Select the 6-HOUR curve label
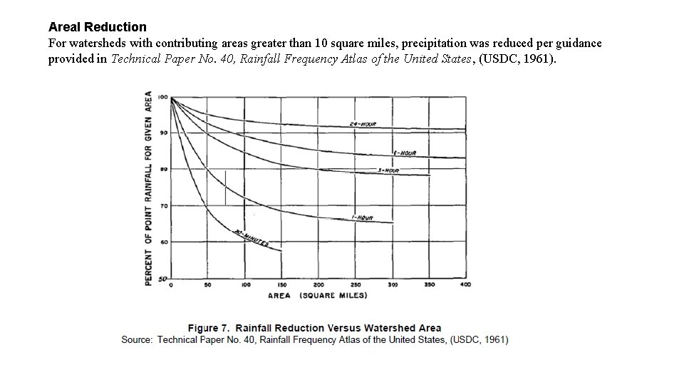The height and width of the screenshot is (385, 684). click(x=404, y=153)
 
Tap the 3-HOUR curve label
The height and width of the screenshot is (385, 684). click(x=388, y=170)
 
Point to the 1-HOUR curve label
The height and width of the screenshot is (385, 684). click(x=363, y=217)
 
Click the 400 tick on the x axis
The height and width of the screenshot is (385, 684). click(x=465, y=284)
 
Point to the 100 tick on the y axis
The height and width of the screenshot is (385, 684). click(x=162, y=97)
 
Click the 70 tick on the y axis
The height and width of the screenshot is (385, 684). click(x=164, y=206)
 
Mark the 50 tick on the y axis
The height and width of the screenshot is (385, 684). click(x=163, y=279)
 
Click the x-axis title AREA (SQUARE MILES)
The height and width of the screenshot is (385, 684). click(x=318, y=295)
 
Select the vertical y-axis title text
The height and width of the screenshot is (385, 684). click(x=149, y=188)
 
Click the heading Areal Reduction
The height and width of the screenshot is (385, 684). click(x=98, y=27)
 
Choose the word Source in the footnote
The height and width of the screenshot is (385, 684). click(x=136, y=340)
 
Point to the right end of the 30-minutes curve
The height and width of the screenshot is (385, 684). click(x=282, y=251)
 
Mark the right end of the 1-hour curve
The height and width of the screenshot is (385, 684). click(x=393, y=223)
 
